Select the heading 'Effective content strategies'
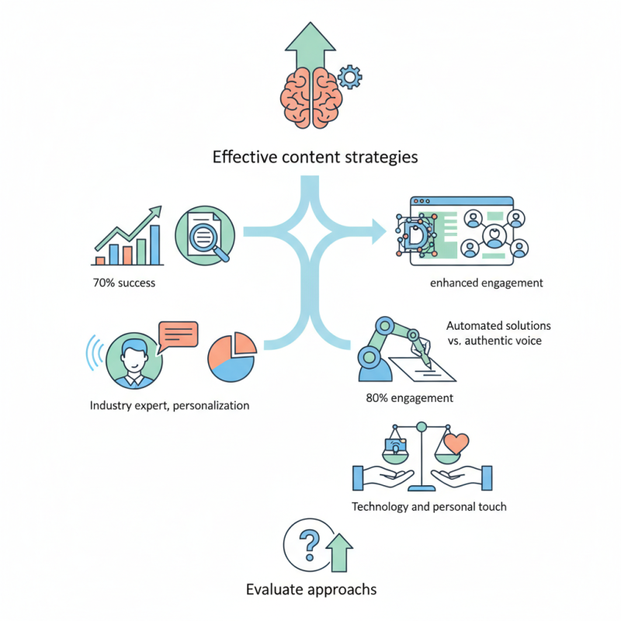pyautogui.click(x=315, y=157)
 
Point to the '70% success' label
pyautogui.click(x=123, y=283)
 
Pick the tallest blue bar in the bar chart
pyautogui.click(x=154, y=245)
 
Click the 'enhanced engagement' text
pyautogui.click(x=487, y=283)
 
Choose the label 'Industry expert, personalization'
pyautogui.click(x=170, y=405)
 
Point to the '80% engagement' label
pyautogui.click(x=410, y=399)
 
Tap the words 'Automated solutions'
pyautogui.click(x=498, y=326)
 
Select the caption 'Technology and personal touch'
pyautogui.click(x=429, y=507)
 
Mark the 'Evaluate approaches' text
pyautogui.click(x=311, y=589)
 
